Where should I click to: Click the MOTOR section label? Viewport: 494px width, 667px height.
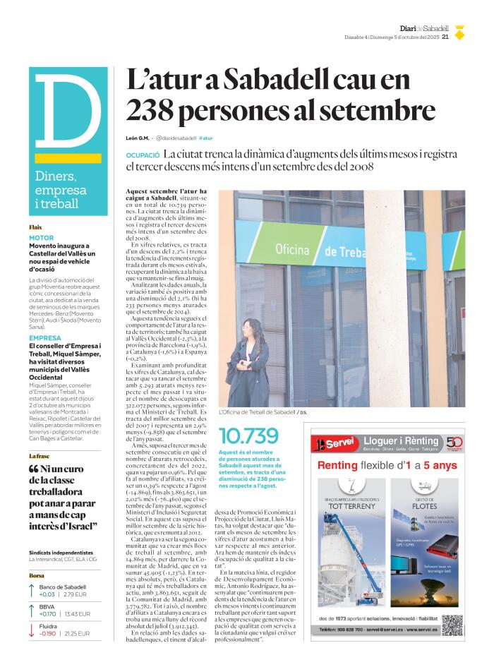tap(41, 238)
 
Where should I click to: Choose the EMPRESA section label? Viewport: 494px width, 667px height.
tap(44, 338)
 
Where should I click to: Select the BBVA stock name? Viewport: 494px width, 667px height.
tap(47, 606)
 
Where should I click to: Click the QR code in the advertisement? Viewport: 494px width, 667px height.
tap(452, 625)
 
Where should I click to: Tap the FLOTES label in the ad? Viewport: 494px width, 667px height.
tap(425, 506)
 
